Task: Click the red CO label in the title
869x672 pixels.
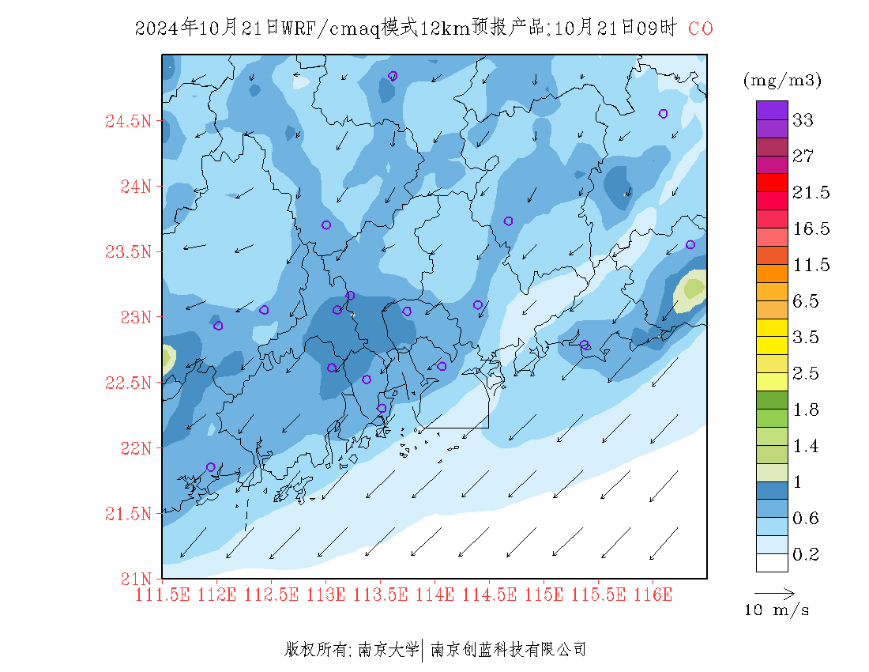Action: click(701, 28)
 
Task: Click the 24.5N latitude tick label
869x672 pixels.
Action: click(127, 122)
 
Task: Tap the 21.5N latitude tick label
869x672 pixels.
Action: click(127, 514)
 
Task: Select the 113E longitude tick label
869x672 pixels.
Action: click(326, 594)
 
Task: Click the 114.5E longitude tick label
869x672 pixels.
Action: click(488, 594)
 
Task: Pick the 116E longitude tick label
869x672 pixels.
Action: click(652, 594)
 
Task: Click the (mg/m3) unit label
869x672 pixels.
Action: click(782, 80)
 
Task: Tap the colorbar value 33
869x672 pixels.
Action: click(803, 120)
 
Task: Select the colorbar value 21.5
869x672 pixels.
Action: click(811, 193)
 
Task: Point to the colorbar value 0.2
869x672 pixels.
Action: click(805, 555)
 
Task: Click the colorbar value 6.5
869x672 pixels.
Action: click(811, 301)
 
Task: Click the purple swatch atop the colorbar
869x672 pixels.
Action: click(772, 110)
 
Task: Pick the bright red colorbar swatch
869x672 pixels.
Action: click(772, 182)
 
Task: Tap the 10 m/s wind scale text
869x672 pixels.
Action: click(777, 610)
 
